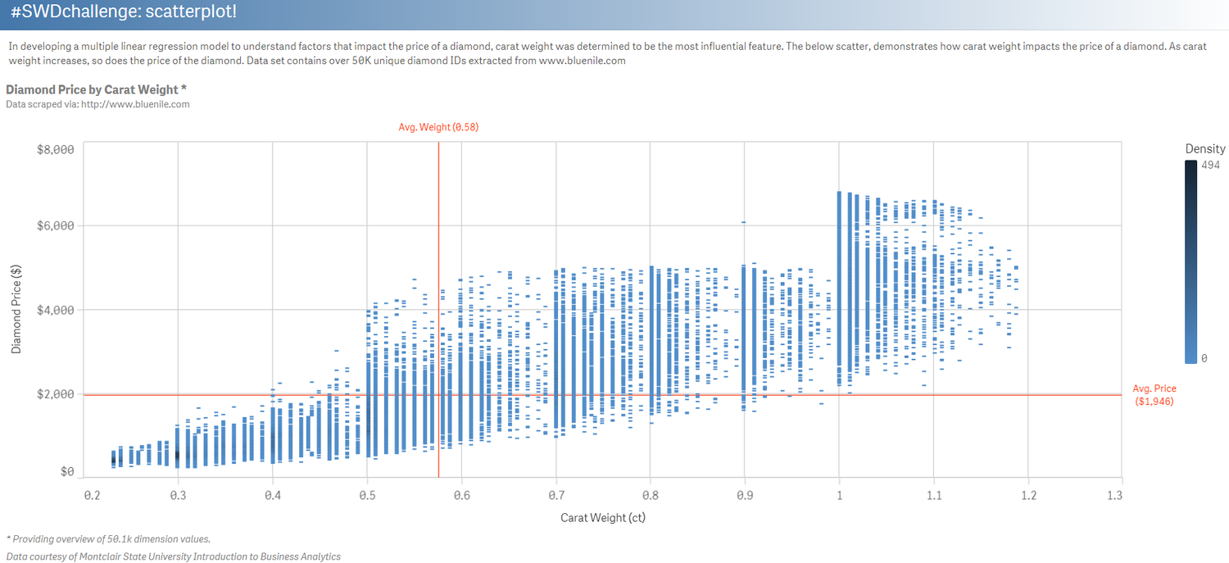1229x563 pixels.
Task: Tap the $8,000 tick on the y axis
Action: point(56,149)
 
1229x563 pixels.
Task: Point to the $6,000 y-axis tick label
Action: point(56,226)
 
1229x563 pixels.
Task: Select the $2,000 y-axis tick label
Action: point(56,394)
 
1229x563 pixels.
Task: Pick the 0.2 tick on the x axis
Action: point(92,496)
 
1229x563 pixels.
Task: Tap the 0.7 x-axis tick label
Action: point(556,496)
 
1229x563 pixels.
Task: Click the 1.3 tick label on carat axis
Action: point(1113,496)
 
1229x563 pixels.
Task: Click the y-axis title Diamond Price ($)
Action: point(16,309)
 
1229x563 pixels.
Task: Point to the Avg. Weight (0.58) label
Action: point(438,127)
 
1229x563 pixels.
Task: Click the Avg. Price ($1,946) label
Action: point(1154,395)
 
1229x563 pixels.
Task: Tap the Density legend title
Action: point(1204,148)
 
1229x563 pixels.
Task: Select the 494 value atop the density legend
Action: point(1210,165)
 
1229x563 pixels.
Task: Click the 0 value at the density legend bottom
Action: point(1203,358)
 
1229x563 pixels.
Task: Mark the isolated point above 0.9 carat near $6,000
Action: point(743,222)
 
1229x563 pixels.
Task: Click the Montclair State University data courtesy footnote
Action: point(173,556)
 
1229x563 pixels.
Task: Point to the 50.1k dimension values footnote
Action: point(108,538)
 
